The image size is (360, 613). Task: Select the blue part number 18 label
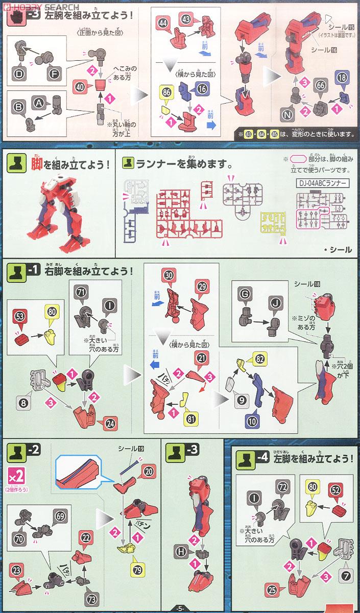pyautogui.click(x=342, y=78)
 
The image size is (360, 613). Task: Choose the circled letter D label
pyautogui.click(x=19, y=75)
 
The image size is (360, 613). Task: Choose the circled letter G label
pyautogui.click(x=245, y=294)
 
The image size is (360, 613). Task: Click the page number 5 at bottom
pyautogui.click(x=179, y=608)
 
